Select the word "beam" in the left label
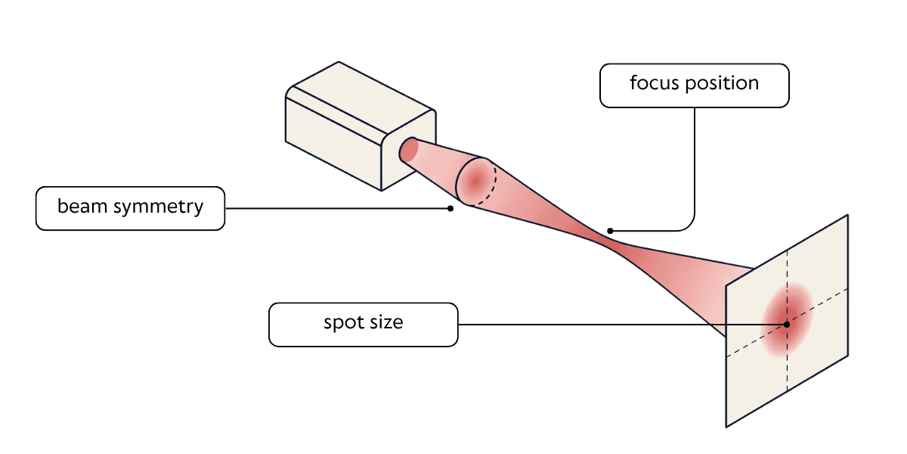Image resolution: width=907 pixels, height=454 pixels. point(80,206)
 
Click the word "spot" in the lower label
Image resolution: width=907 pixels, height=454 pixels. point(344,322)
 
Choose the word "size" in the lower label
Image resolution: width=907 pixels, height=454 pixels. point(388,322)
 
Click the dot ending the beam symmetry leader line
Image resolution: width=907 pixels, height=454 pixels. point(450,208)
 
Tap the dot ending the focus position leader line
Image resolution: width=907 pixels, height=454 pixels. point(610,231)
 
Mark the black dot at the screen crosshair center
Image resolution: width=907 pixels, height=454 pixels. point(787,325)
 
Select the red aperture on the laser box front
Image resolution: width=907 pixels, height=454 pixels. point(408,150)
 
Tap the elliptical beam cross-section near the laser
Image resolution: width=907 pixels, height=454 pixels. point(475,182)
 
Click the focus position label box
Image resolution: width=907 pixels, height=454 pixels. point(694,85)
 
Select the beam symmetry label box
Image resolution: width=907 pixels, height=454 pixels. point(130,208)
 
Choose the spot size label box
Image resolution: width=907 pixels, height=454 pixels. point(364,325)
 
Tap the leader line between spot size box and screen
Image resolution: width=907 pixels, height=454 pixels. point(605,325)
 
